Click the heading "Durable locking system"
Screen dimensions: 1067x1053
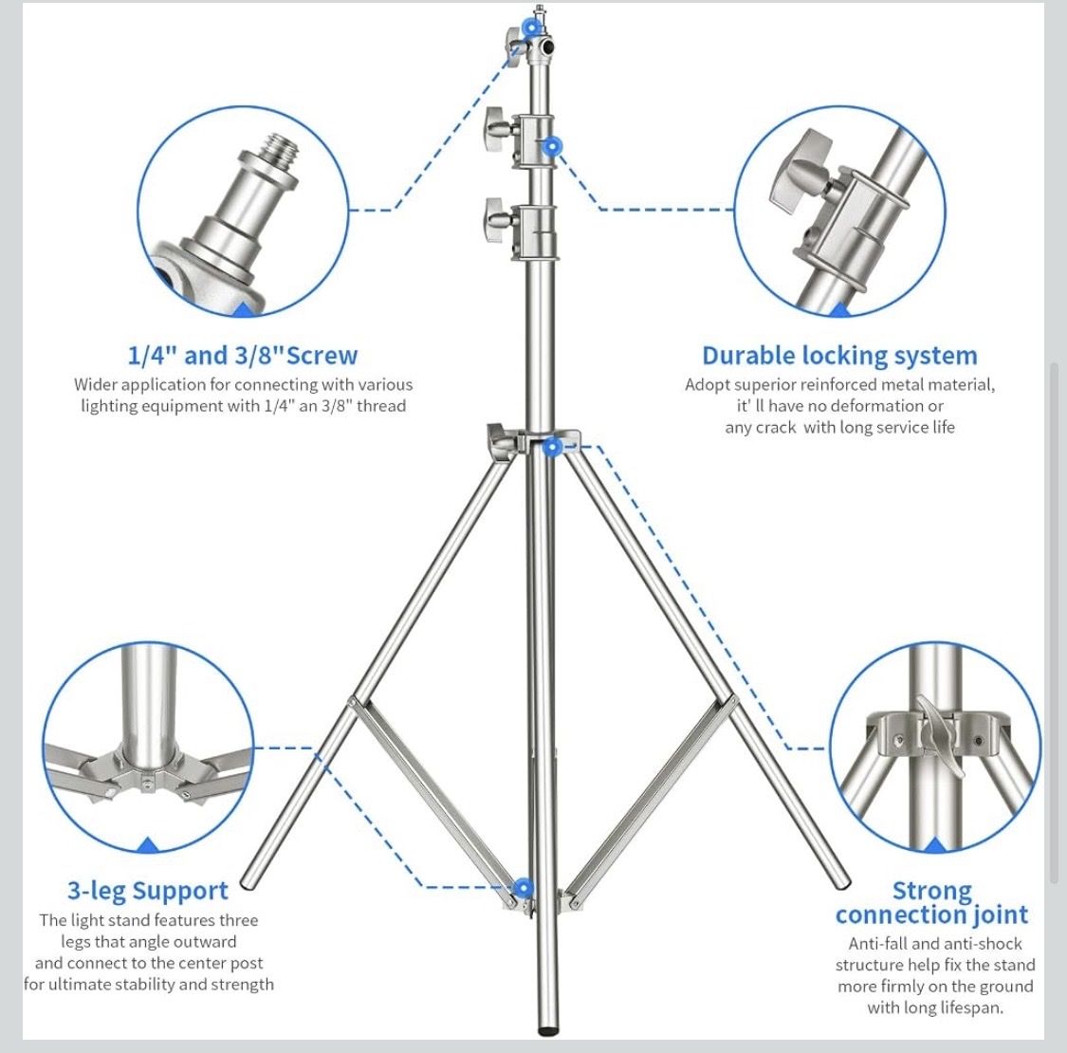(x=839, y=356)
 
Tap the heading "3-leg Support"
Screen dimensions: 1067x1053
(x=148, y=891)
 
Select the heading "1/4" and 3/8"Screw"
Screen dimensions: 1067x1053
(x=243, y=356)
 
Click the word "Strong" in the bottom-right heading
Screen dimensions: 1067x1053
(x=932, y=891)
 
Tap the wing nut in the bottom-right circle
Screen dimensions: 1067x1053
(x=942, y=735)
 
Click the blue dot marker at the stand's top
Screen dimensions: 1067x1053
(x=532, y=28)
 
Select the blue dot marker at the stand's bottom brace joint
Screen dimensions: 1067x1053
(x=523, y=888)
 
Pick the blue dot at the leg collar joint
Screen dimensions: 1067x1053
(x=552, y=447)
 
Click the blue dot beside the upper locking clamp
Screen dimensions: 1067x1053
(x=552, y=146)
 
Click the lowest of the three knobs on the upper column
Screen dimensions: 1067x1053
(x=497, y=220)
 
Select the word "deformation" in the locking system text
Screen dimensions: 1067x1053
(x=858, y=406)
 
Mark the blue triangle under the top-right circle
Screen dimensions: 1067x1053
(x=840, y=309)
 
